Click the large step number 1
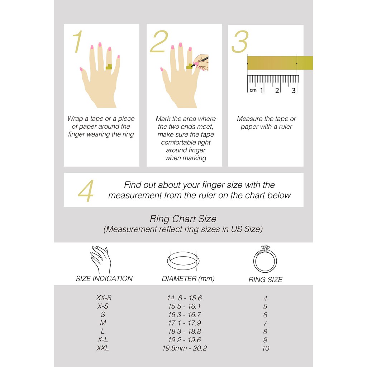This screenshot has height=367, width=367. (78, 42)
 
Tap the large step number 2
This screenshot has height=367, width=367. (159, 41)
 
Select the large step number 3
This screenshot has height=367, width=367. (240, 42)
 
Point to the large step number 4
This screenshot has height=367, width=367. (86, 191)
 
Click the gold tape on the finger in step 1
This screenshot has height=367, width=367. (109, 67)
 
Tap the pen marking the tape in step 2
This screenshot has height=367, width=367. (200, 61)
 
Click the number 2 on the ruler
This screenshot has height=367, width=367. (277, 90)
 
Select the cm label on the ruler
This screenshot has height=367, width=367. (253, 90)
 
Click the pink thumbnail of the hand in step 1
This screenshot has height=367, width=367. (81, 69)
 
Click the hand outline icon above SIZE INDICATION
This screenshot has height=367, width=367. (101, 260)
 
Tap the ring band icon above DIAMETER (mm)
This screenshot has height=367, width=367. (183, 261)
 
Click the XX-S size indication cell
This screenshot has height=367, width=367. (104, 298)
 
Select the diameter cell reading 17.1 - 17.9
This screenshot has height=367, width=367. (185, 323)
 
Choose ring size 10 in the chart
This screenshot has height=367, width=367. (266, 348)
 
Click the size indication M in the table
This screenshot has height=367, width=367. (103, 323)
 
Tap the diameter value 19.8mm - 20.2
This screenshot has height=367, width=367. (185, 348)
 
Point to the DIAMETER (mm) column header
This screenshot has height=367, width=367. (188, 278)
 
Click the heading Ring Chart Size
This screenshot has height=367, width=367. (183, 219)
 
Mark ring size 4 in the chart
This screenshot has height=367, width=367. (265, 298)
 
